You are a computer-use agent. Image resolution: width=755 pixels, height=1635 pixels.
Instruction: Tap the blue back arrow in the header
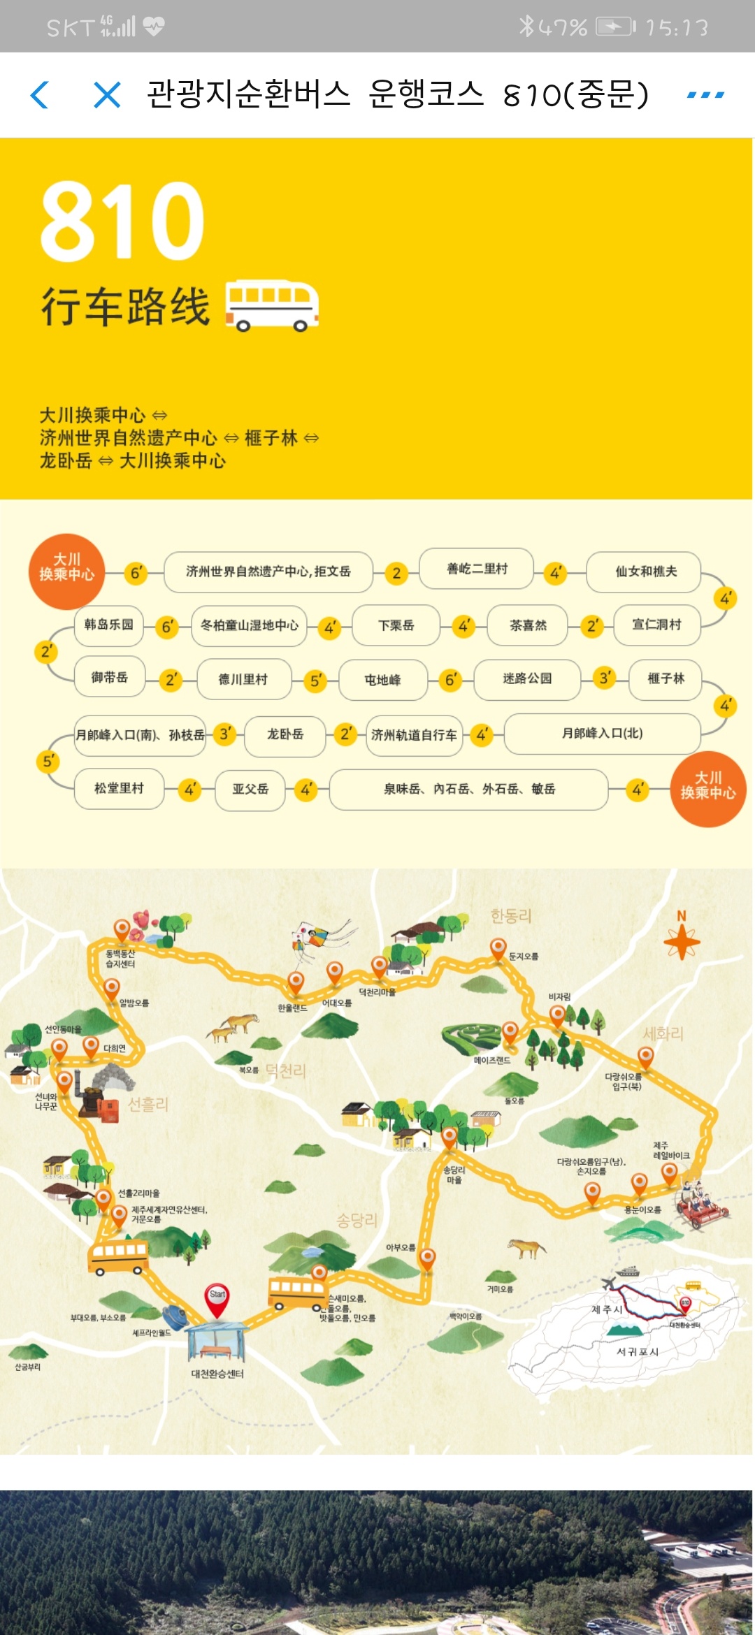click(x=40, y=95)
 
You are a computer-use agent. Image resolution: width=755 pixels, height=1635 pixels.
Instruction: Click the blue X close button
click(x=107, y=95)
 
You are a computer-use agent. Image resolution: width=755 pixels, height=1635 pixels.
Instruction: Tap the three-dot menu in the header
click(x=705, y=95)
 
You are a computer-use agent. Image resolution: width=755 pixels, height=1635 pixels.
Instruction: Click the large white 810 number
click(x=122, y=220)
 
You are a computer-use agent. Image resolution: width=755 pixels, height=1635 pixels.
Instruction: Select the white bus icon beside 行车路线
click(x=272, y=305)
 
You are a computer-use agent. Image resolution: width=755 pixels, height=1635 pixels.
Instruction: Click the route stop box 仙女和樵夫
click(x=645, y=572)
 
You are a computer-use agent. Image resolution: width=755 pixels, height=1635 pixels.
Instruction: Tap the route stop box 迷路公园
click(x=527, y=679)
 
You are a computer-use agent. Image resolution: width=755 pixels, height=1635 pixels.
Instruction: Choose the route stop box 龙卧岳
click(x=285, y=734)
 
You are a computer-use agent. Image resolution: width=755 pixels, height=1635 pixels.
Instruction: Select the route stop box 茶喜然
click(x=528, y=625)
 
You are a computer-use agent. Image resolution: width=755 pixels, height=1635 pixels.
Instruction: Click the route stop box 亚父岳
click(x=250, y=790)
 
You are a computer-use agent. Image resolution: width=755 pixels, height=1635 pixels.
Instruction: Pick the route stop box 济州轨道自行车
click(x=414, y=735)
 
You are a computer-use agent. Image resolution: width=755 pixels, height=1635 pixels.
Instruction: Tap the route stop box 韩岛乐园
click(x=108, y=625)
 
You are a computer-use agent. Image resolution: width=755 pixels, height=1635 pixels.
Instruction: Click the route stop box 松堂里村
click(x=119, y=789)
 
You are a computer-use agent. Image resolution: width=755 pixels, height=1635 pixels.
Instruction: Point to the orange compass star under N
click(x=682, y=942)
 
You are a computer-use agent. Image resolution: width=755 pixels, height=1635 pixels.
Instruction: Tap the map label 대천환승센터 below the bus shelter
click(x=217, y=1374)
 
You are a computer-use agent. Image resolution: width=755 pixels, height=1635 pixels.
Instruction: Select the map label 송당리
click(x=357, y=1221)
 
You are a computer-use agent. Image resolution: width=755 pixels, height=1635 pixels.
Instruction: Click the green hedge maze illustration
click(x=472, y=1036)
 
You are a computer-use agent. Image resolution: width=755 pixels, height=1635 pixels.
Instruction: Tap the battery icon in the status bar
click(x=615, y=27)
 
